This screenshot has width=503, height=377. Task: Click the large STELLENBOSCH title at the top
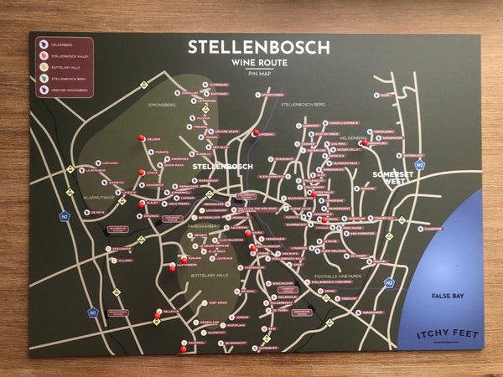pos(258,47)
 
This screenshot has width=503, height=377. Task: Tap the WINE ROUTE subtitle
pos(257,64)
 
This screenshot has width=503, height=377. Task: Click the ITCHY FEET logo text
pos(447,334)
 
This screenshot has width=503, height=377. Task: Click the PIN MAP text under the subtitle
pos(258,75)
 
